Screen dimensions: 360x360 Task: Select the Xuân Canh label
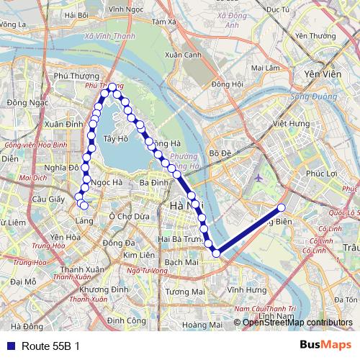(182, 55)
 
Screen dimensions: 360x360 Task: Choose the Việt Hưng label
(290, 124)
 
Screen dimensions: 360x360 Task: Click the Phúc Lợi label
(321, 174)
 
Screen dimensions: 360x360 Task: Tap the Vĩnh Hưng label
(242, 289)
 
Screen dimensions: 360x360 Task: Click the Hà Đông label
(27, 327)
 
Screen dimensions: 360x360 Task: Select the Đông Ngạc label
(22, 103)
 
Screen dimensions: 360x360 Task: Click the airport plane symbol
(258, 176)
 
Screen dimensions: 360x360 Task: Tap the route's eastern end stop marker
(282, 208)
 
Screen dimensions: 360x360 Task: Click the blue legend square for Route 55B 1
(9, 346)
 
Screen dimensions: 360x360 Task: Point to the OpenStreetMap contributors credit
(298, 322)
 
